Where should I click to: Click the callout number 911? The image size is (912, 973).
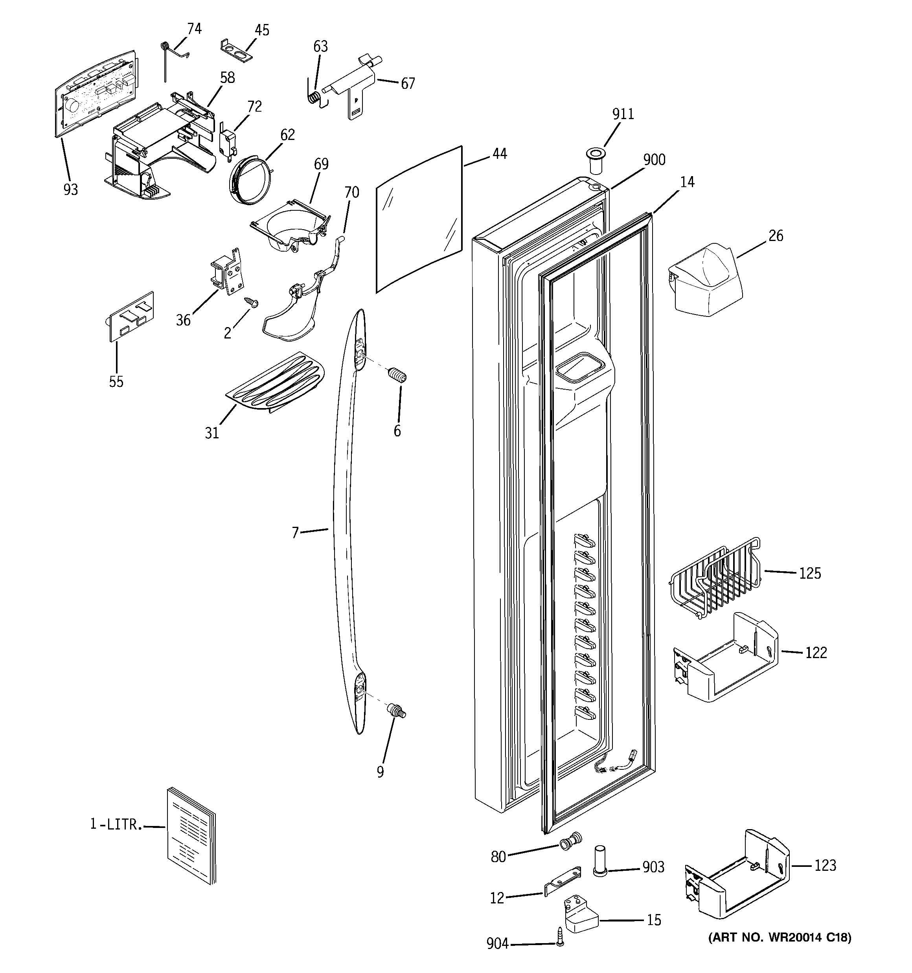(623, 114)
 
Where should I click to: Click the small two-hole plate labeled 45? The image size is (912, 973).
(237, 50)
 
